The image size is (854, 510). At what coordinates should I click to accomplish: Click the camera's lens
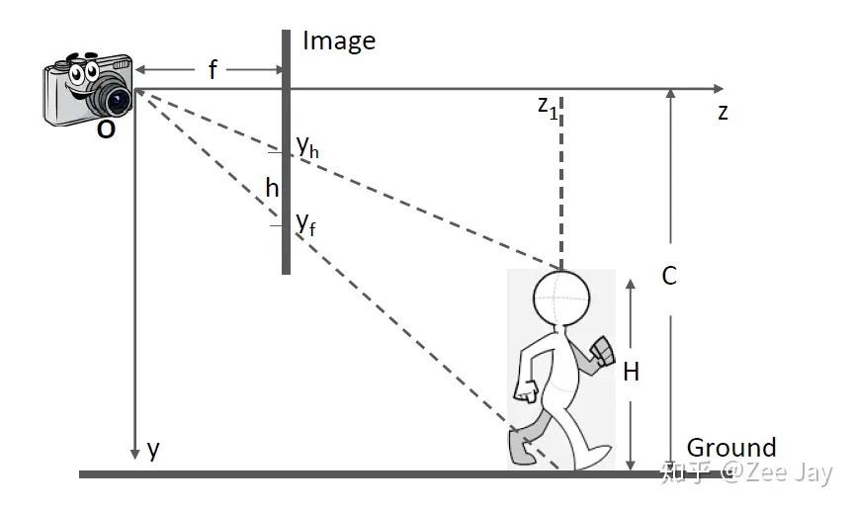point(118,99)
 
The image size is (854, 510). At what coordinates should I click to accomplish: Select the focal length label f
point(212,70)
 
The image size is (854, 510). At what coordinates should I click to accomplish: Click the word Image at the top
point(339,41)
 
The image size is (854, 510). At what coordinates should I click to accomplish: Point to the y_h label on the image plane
point(306,146)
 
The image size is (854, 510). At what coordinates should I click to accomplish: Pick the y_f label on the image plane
point(306,221)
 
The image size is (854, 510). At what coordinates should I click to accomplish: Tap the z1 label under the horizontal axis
point(548,108)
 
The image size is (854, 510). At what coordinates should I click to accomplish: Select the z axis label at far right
point(724,112)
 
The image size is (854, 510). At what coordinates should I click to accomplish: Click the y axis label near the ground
point(153,450)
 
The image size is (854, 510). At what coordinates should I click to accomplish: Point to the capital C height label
point(669,276)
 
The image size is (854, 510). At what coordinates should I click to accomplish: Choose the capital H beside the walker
point(632,372)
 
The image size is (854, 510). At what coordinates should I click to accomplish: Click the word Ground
point(731,448)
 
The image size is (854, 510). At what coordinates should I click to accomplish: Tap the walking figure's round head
point(561,297)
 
